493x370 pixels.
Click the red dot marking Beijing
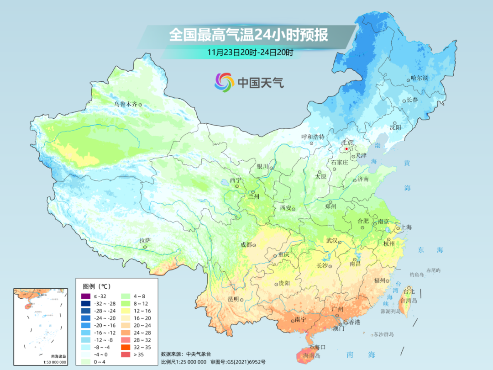346,149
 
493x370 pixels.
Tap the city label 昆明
233,299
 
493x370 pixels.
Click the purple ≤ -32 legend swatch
86,297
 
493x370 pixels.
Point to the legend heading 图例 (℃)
96,286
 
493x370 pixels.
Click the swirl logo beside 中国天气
224,82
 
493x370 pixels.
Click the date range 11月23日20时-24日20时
250,52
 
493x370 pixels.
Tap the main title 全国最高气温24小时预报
249,35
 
